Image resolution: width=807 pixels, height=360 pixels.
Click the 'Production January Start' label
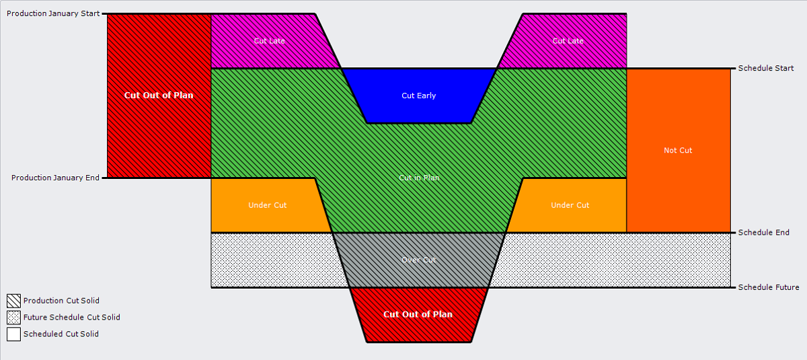point(53,13)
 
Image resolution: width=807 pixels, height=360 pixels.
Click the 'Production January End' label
point(55,178)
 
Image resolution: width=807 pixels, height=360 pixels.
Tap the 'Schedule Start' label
point(765,68)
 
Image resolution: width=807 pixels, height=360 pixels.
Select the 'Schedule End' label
point(763,232)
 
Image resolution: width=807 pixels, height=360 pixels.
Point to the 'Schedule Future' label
point(768,287)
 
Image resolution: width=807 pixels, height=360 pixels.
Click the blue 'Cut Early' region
point(418,96)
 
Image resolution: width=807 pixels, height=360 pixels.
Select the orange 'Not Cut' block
point(678,150)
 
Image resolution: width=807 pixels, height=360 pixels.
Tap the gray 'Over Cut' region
point(418,260)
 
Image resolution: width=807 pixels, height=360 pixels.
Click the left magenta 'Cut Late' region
point(269,41)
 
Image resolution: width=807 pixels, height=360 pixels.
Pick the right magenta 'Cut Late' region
point(568,41)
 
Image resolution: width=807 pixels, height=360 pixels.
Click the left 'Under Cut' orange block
point(267,205)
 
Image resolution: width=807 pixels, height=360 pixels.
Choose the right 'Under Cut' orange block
point(570,205)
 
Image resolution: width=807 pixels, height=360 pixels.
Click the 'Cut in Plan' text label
point(419,178)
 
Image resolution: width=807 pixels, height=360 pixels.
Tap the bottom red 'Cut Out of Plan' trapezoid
point(418,314)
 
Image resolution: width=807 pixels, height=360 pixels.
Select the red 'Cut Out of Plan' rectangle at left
point(159,95)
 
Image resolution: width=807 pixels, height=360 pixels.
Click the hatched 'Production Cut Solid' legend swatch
point(13,301)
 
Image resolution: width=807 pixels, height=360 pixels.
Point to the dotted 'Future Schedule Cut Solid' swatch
point(13,318)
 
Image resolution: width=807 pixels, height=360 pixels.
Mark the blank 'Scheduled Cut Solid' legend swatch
point(13,334)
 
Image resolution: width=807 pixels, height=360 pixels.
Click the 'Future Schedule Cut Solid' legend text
point(71,318)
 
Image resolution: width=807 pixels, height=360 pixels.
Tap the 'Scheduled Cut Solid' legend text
point(61,334)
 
